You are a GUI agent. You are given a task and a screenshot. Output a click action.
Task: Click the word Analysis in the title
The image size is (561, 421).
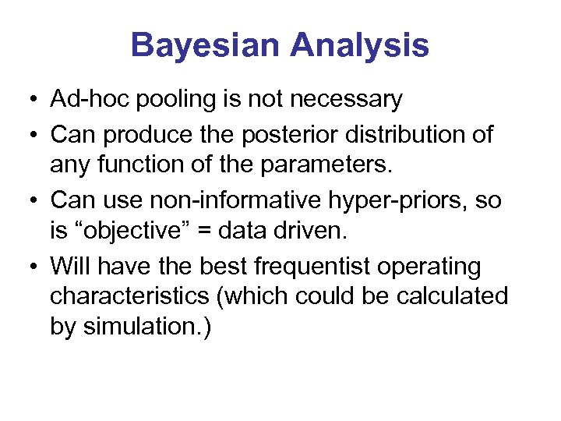tap(359, 45)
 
